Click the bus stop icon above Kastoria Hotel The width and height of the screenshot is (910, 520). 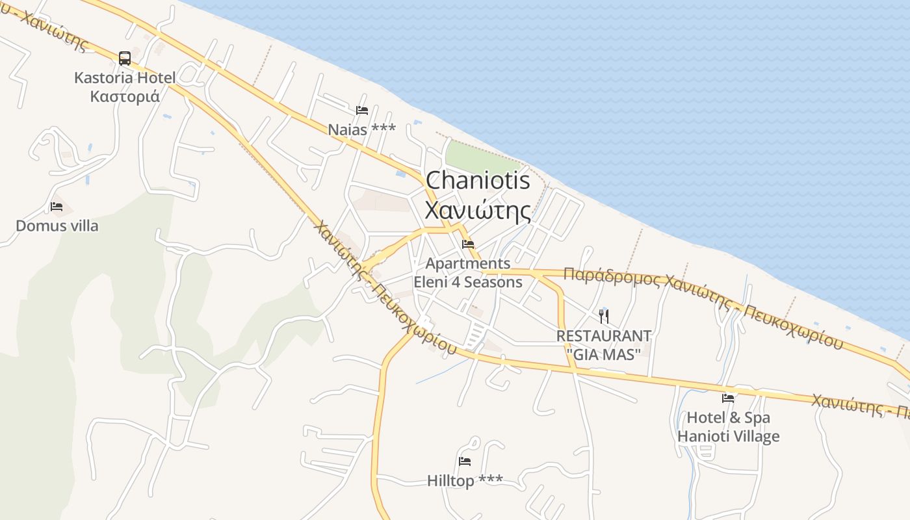tap(125, 58)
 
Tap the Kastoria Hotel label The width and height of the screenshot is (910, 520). tap(125, 78)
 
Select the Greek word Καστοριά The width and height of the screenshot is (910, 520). tap(125, 96)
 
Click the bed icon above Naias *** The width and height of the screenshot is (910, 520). tap(362, 110)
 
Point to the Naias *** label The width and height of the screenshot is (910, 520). tap(361, 129)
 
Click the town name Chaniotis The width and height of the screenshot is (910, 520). tap(478, 180)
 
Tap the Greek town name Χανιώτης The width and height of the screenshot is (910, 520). tap(478, 209)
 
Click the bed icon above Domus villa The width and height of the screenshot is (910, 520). tap(57, 207)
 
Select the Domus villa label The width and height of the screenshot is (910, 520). tap(57, 226)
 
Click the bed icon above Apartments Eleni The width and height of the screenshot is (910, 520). tap(468, 244)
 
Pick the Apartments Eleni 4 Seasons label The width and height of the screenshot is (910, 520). tap(468, 272)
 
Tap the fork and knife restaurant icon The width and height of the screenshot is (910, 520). tap(604, 317)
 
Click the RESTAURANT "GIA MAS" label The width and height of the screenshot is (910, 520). tap(604, 344)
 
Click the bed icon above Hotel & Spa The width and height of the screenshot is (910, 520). tap(728, 398)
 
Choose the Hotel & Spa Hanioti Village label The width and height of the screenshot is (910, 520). tap(728, 426)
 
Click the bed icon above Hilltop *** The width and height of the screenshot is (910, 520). tap(465, 461)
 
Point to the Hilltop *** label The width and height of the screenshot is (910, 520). tap(465, 480)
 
